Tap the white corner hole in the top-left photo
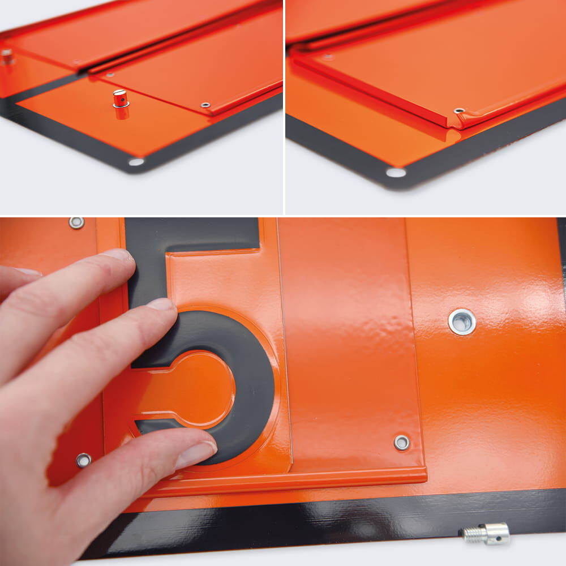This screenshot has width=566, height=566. pos(136,162)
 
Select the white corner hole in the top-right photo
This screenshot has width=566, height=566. pos(396,173)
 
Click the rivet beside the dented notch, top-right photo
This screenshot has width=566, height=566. pos(459,110)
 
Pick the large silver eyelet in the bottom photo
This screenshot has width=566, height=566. pos(462,321)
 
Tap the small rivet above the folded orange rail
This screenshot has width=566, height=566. pos(402,443)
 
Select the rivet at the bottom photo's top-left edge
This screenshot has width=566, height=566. pos(76,222)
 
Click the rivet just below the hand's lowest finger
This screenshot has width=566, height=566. pos(83,460)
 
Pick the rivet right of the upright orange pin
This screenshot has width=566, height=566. pos(205,105)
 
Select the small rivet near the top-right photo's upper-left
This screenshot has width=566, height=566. pos(328,57)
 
